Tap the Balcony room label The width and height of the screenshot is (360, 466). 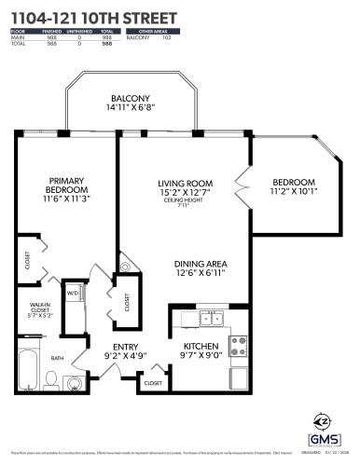pyautogui.click(x=130, y=97)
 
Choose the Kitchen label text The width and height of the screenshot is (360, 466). pyautogui.click(x=200, y=346)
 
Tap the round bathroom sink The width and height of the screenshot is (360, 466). pyautogui.click(x=75, y=381)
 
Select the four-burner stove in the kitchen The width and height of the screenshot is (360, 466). pyautogui.click(x=238, y=341)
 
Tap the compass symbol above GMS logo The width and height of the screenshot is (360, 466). pyautogui.click(x=320, y=417)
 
